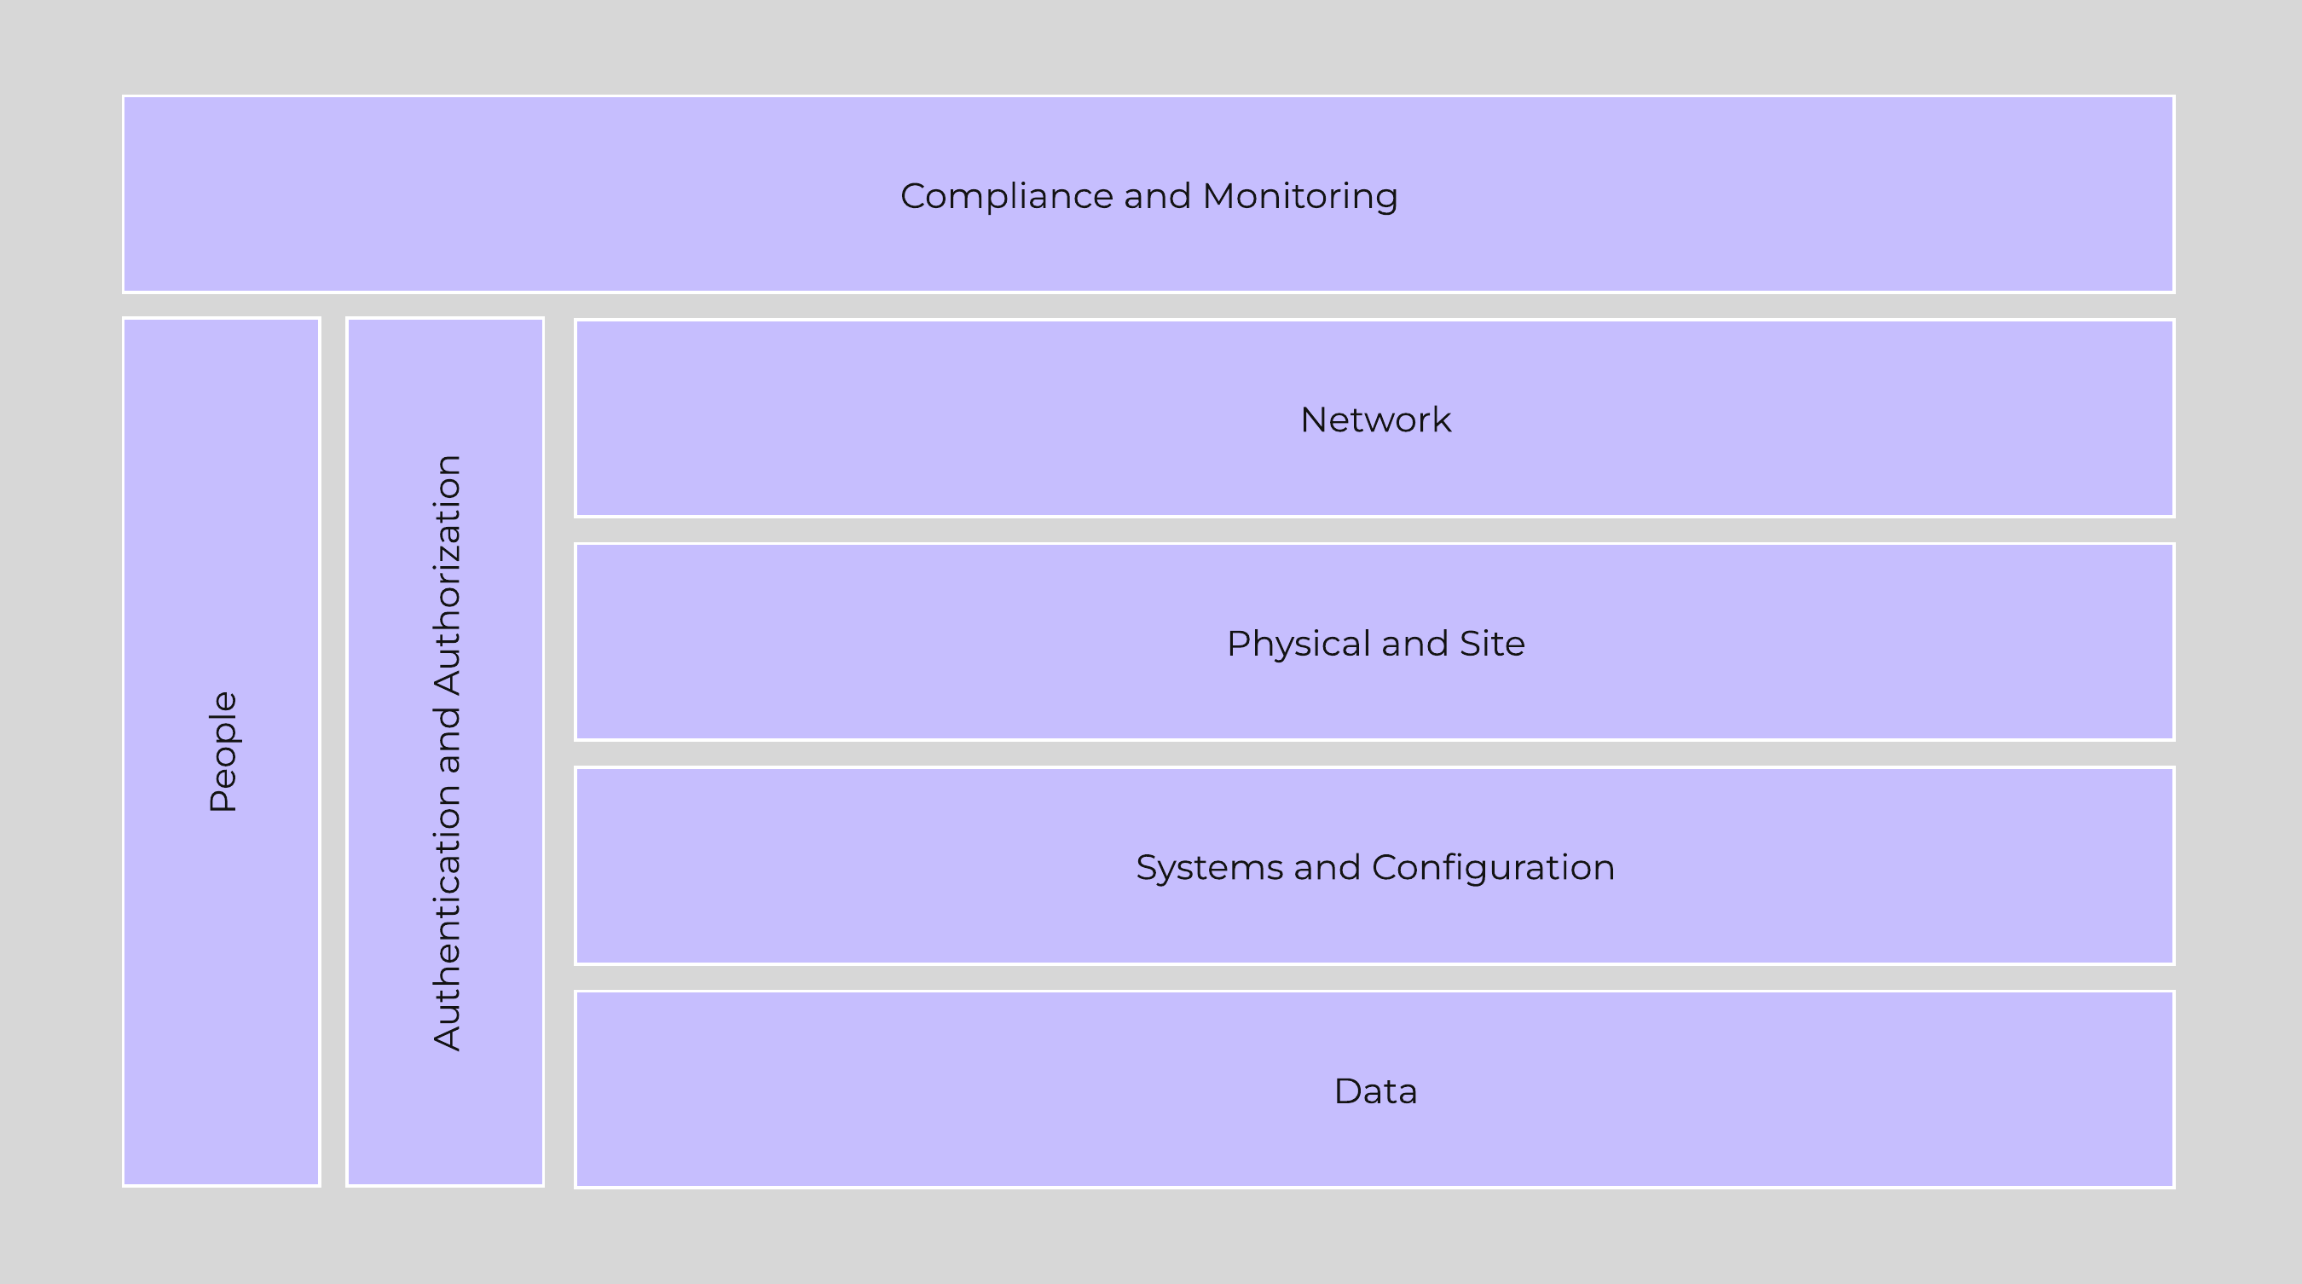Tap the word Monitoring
coord(1300,197)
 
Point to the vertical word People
coord(223,751)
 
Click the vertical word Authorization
coord(447,575)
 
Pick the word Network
coord(1375,420)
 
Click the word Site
coord(1491,644)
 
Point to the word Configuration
coord(1492,868)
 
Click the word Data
coord(1375,1091)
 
